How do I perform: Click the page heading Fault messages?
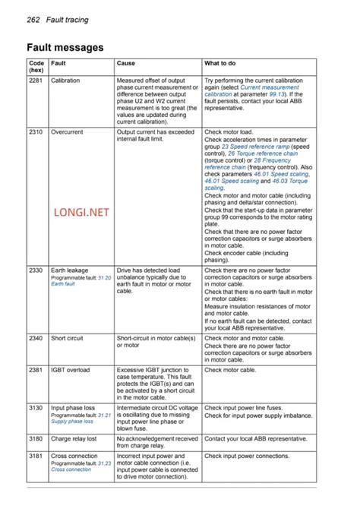coord(65,47)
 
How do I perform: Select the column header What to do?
coord(220,63)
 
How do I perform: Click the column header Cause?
coord(126,63)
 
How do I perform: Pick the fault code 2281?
coord(36,80)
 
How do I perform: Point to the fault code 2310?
coord(36,132)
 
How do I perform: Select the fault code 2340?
coord(36,338)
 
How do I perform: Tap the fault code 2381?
coord(36,370)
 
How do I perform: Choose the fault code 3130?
coord(36,408)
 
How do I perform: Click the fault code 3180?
coord(36,439)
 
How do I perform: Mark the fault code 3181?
coord(36,456)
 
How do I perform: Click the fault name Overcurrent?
coord(67,132)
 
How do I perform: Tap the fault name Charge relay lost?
coord(74,439)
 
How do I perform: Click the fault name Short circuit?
coord(67,338)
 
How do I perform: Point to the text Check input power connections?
coord(247,456)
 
